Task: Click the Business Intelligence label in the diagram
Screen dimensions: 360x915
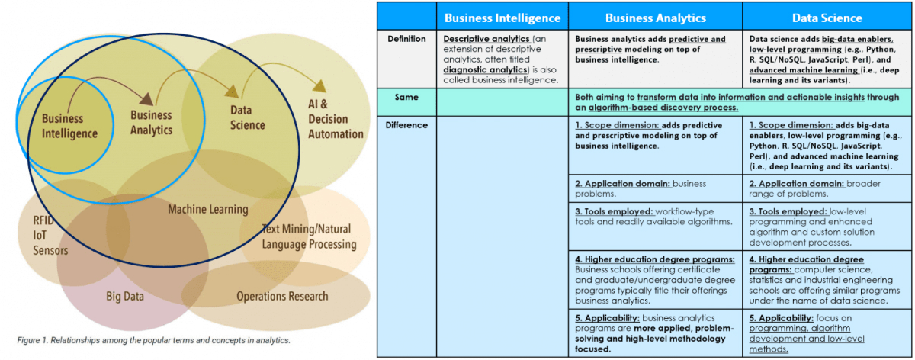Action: (x=69, y=126)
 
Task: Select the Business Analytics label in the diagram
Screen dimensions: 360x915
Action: (x=151, y=122)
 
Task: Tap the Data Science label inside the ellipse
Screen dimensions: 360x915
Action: (x=247, y=118)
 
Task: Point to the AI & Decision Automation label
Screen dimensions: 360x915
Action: (x=335, y=119)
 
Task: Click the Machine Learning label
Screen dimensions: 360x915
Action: (x=207, y=209)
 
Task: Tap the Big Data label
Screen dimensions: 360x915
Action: (x=125, y=296)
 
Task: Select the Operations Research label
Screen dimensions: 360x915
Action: (x=282, y=296)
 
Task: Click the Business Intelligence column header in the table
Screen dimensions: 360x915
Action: (x=502, y=18)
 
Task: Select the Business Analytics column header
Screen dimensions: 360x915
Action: (x=656, y=18)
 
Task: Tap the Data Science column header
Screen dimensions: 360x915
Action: (x=827, y=18)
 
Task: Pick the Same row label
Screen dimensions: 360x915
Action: (x=406, y=97)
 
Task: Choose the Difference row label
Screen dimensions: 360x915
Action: (x=406, y=124)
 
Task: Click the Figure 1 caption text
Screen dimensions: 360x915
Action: (x=153, y=340)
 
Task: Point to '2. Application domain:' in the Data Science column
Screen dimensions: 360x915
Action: (x=796, y=184)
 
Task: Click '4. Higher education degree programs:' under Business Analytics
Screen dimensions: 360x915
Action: (x=654, y=259)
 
